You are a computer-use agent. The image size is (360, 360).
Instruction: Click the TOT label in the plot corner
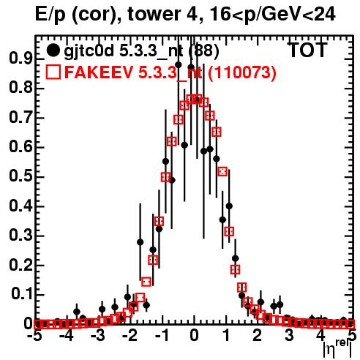click(307, 50)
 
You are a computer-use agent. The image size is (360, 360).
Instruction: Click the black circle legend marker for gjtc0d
click(53, 50)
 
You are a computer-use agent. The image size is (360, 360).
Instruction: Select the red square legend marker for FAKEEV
click(53, 72)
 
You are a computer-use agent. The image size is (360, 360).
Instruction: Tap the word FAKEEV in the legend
click(100, 72)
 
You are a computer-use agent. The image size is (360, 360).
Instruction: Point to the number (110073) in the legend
click(242, 72)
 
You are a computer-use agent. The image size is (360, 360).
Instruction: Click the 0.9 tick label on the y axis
click(20, 59)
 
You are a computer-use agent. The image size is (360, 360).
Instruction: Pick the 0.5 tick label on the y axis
click(20, 176)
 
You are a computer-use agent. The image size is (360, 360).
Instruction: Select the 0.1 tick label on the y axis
click(22, 294)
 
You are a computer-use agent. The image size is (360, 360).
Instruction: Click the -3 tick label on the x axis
click(98, 336)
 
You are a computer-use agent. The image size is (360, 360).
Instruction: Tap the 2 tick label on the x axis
click(258, 336)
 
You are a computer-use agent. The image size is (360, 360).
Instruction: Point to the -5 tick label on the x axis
click(35, 336)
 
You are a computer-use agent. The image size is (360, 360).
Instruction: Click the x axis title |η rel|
click(337, 350)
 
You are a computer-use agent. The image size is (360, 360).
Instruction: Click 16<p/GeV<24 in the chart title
click(272, 15)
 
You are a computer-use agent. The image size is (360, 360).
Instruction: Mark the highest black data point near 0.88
click(179, 65)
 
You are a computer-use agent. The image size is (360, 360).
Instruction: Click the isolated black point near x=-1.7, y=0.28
click(140, 242)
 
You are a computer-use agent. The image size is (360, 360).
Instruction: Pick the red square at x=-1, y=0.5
click(165, 177)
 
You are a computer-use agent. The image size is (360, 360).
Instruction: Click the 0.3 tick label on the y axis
click(20, 236)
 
